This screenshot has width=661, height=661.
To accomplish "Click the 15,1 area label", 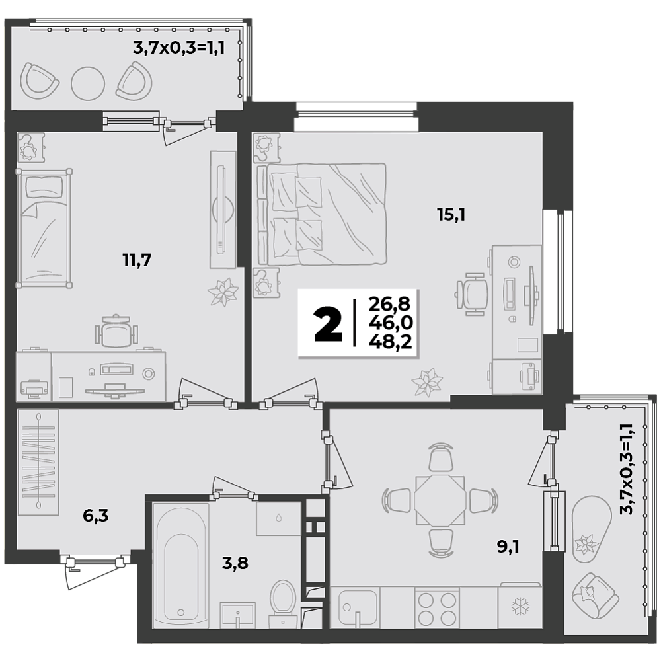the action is [451, 215].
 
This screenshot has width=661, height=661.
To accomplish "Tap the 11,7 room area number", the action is [137, 260].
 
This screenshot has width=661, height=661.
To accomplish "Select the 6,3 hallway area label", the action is [96, 515].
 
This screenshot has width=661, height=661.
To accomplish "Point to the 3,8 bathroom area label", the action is [235, 563].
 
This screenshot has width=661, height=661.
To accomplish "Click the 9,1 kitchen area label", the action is [508, 547].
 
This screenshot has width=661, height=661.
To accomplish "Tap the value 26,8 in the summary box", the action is [389, 303].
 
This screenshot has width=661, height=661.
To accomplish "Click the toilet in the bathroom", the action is [283, 603].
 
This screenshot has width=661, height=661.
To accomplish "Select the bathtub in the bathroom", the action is [181, 565].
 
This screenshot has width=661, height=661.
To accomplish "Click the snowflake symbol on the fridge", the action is [520, 607].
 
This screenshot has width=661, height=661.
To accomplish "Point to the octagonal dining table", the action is [440, 501].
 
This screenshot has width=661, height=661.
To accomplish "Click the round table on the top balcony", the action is [88, 83].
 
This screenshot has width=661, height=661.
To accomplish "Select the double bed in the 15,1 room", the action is [321, 214].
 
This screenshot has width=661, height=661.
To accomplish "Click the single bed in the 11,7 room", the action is [44, 228].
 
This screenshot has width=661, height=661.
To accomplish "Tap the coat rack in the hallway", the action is [38, 461].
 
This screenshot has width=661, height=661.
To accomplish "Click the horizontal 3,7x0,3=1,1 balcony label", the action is [178, 48].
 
